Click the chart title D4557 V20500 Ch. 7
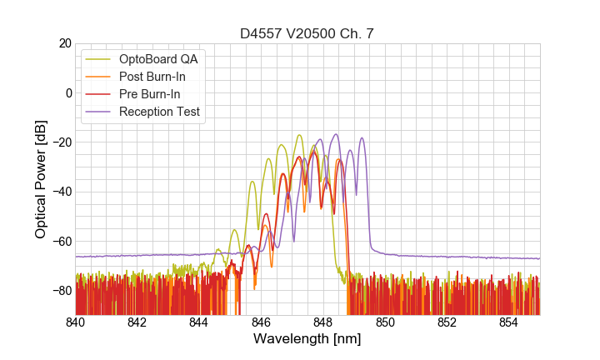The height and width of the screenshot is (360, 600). pos(307,33)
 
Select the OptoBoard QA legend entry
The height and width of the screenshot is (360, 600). pos(158,59)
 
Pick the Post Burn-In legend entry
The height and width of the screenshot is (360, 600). pos(152,77)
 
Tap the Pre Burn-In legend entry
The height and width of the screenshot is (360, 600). pos(150,94)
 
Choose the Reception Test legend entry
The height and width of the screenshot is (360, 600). pos(159,112)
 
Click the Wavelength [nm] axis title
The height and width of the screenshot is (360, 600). pos(307,340)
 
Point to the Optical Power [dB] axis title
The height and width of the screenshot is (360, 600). pos(40,179)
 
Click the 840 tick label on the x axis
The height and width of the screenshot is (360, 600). pos(76,322)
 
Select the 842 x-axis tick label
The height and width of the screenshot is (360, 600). pos(137,322)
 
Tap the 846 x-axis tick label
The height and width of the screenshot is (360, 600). pos(261,322)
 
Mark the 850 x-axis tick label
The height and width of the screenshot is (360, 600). pos(385,322)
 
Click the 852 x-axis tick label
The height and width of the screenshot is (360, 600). pos(447,322)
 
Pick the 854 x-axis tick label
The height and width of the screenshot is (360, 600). pos(508,322)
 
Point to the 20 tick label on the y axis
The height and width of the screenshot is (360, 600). pos(64,43)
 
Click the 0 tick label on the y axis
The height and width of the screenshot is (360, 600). pos(67,92)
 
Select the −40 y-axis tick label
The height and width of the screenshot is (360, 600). pos(61,192)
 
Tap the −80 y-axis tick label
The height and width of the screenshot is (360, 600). pos(61,290)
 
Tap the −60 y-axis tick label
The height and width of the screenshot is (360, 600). pos(61,241)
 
